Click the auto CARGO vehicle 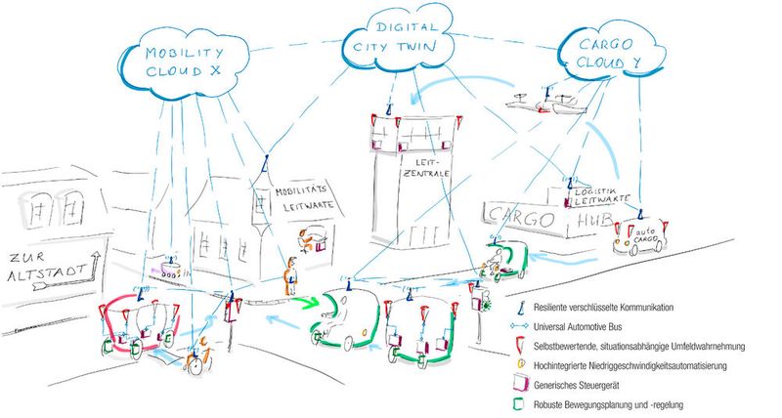click(639, 236)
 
